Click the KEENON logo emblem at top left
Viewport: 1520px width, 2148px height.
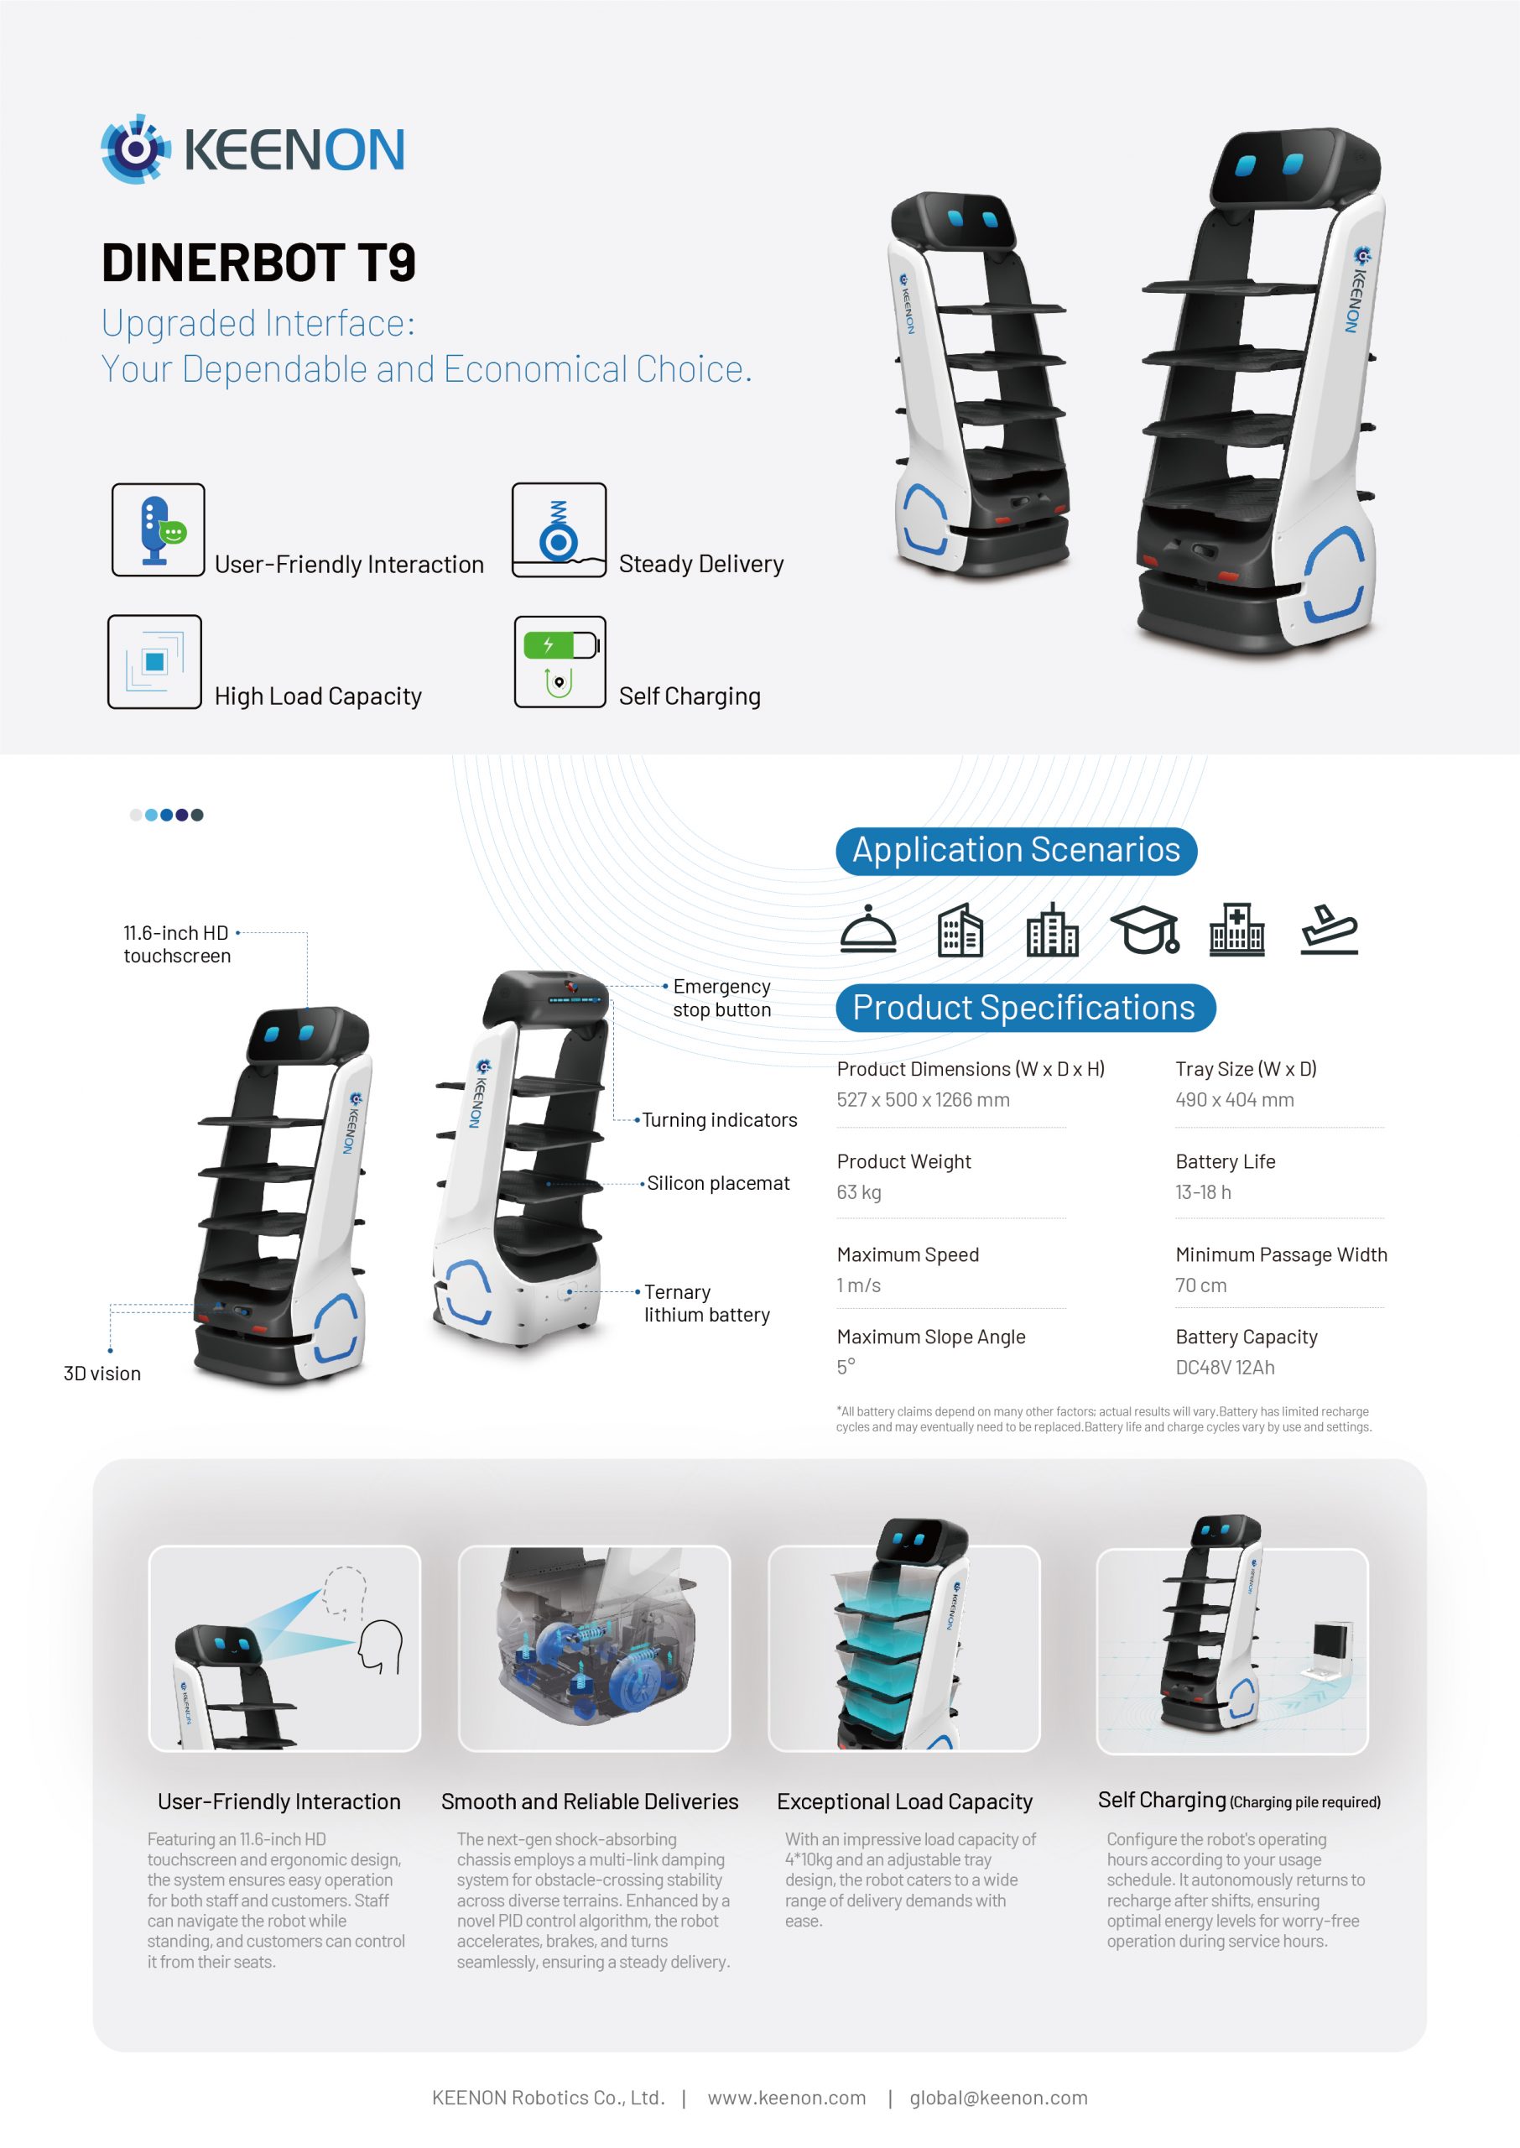[x=136, y=149]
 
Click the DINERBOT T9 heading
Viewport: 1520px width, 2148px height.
[x=258, y=263]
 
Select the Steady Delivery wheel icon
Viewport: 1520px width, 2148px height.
[x=559, y=529]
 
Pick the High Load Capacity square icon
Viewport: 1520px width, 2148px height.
[x=154, y=662]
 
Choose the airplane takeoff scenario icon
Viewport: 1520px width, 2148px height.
[x=1329, y=930]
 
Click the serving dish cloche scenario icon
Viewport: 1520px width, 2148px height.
[x=867, y=930]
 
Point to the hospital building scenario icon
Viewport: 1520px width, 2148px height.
[x=1236, y=930]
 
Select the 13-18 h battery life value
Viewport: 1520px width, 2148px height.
[x=1203, y=1192]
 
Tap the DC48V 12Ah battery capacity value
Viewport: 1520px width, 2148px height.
[x=1224, y=1368]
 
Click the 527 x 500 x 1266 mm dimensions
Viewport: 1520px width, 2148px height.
[x=923, y=1100]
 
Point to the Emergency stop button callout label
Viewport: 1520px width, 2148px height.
[x=721, y=998]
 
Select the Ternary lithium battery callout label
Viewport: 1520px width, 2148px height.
[x=706, y=1304]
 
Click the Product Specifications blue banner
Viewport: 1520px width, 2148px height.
[x=1025, y=1008]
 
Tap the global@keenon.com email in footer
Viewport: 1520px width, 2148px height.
[x=999, y=2098]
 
